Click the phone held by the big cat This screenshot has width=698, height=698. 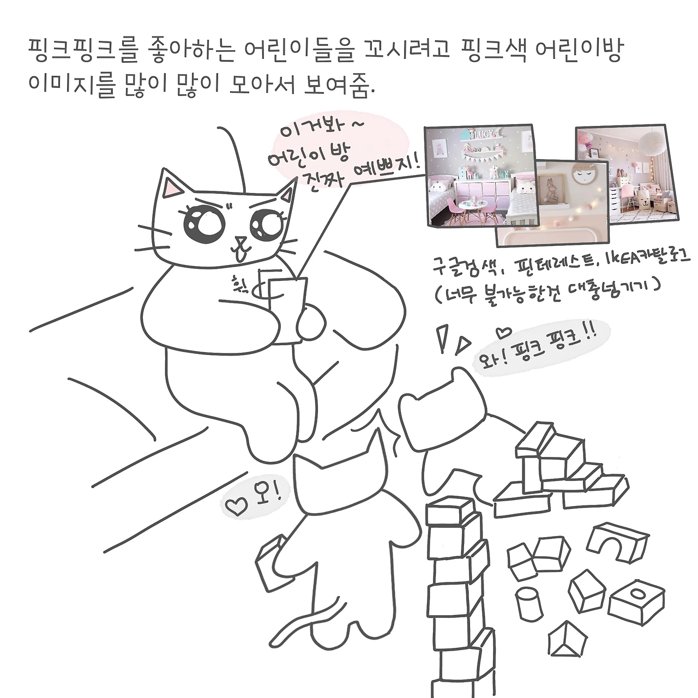pyautogui.click(x=287, y=309)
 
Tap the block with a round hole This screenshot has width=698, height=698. pyautogui.click(x=636, y=601)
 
